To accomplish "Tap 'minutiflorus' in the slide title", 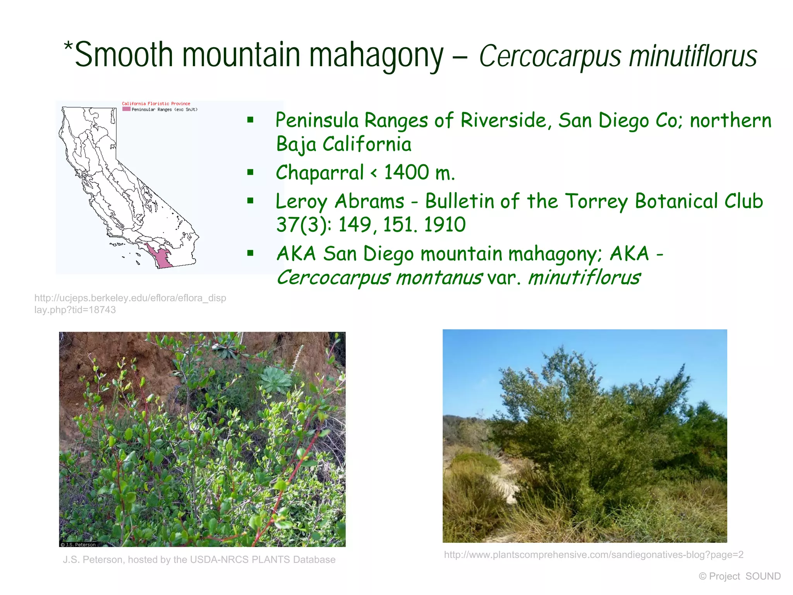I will (693, 56).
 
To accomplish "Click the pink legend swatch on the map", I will (126, 109).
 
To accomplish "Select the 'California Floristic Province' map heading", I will (156, 103).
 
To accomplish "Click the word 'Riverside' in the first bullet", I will (506, 120).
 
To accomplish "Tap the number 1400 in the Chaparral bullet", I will (407, 172).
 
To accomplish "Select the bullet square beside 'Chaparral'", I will (251, 172).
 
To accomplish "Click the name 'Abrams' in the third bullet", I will (369, 201).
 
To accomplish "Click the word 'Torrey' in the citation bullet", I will (596, 201).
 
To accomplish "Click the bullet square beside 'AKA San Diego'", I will (251, 253).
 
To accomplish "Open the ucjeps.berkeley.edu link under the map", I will (130, 304).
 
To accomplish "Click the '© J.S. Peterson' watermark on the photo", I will (78, 544).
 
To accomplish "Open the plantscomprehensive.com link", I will (593, 555).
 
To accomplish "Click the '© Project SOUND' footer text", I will (740, 576).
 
